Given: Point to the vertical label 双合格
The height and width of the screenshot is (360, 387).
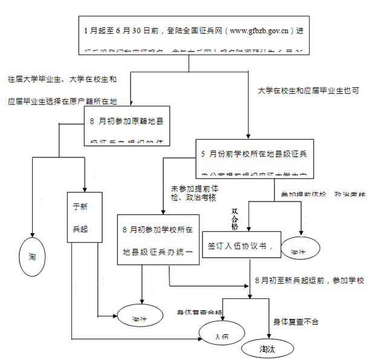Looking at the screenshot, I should [x=235, y=219].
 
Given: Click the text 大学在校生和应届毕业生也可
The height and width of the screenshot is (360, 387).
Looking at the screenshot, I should [x=309, y=90].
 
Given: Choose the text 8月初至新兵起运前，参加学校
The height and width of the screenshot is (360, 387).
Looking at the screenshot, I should [x=309, y=281].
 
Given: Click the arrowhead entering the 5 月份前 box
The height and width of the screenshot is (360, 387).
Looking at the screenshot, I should [x=249, y=136].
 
